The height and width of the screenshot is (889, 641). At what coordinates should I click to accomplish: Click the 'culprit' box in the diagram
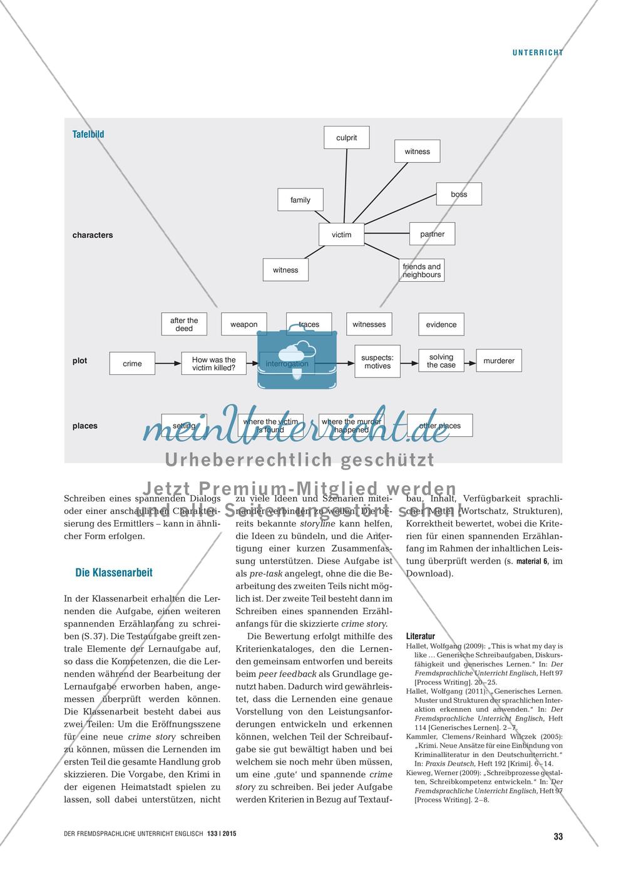346,138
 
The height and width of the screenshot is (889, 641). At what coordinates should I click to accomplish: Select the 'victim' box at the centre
342,235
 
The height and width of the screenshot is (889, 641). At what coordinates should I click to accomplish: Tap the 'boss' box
459,194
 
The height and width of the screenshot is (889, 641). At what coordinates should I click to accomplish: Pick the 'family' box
300,200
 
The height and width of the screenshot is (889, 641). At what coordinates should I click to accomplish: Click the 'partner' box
432,234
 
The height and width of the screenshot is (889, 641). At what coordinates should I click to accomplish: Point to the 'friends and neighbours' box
421,270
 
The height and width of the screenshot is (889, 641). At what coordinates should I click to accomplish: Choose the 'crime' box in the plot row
132,364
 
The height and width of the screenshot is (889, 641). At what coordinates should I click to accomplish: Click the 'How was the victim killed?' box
213,364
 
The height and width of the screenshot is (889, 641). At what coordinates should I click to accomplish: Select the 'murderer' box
499,361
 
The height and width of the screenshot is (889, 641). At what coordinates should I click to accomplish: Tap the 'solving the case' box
441,361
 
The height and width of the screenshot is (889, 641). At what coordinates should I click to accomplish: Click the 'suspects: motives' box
377,362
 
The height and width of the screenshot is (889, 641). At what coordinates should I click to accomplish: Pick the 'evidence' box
441,324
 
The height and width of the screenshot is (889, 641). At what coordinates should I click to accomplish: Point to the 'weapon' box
244,324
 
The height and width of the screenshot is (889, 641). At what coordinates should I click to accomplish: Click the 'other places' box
439,426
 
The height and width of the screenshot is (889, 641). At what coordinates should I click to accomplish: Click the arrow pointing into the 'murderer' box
470,361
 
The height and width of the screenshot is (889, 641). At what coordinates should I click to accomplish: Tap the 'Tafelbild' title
88,134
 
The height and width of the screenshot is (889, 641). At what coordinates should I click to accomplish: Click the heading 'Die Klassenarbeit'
114,572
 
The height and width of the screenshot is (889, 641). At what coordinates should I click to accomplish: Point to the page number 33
558,836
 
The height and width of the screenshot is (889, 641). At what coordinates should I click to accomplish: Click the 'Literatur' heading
421,636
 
